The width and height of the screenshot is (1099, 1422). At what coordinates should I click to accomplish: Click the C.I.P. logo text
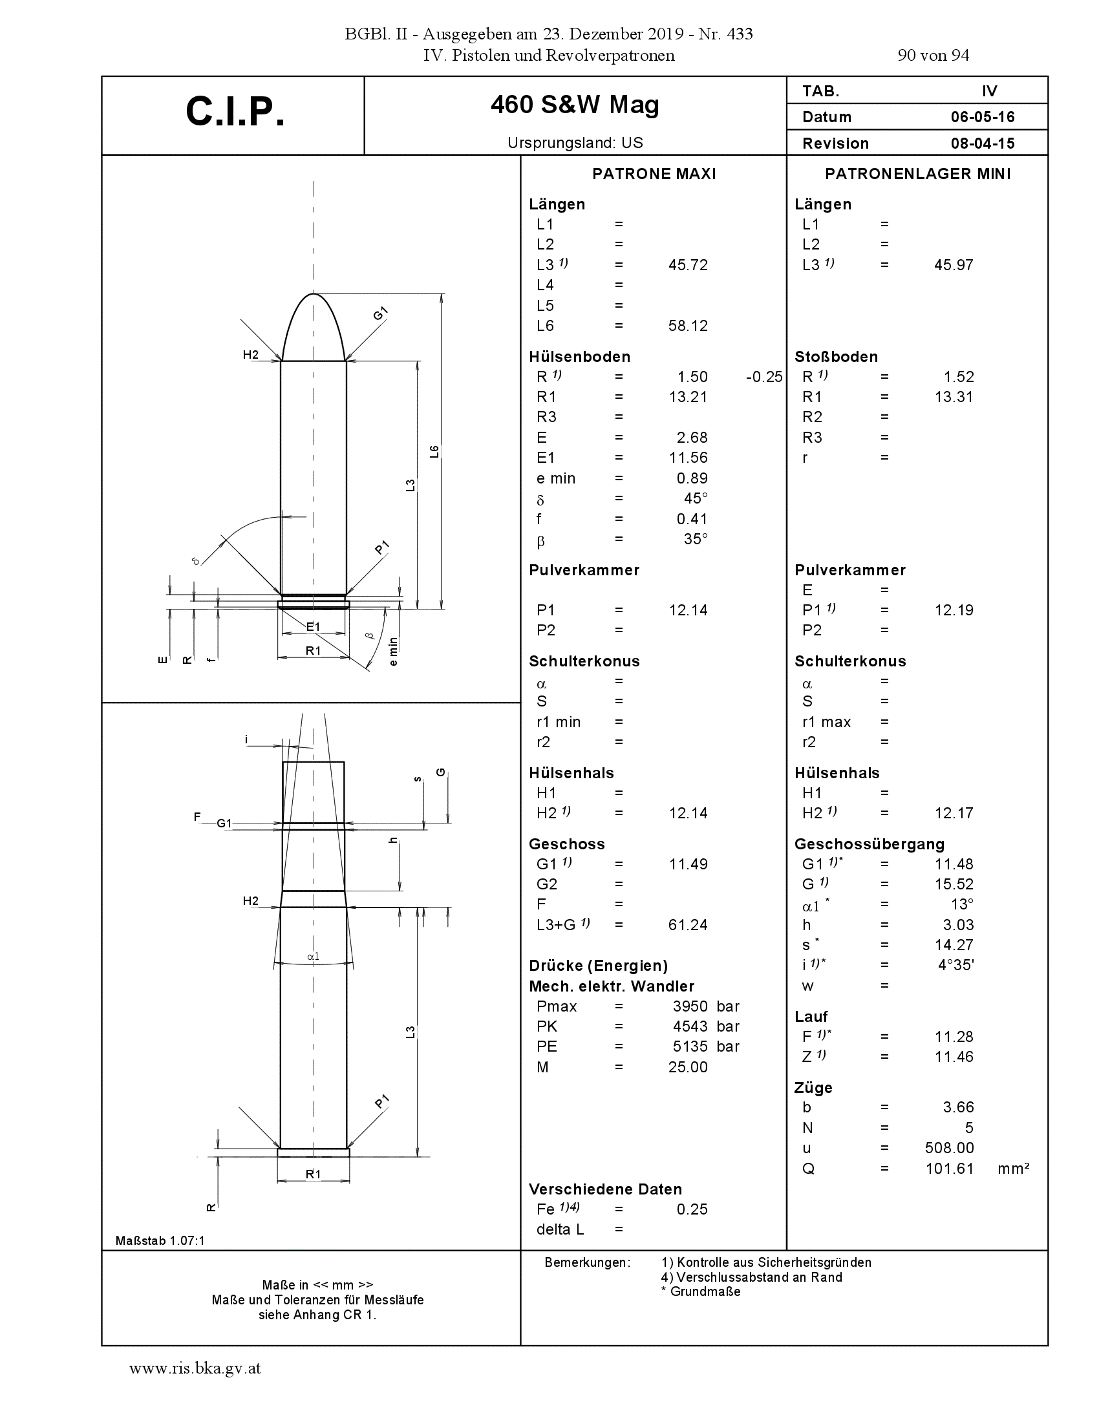[x=235, y=111]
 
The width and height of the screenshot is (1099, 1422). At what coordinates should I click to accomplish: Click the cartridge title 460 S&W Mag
[x=575, y=105]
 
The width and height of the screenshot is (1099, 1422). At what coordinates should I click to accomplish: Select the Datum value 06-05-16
[x=983, y=117]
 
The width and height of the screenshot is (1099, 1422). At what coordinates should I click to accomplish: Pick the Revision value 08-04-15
[x=983, y=143]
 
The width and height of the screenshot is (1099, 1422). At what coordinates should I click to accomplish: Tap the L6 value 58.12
[x=688, y=326]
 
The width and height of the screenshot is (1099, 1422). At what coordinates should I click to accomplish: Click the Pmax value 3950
[x=690, y=1006]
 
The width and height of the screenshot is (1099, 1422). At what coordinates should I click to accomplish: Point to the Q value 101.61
[x=949, y=1169]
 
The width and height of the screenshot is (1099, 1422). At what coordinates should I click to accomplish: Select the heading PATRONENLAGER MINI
[x=918, y=174]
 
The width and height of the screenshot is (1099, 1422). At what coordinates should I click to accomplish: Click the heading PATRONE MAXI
[x=654, y=174]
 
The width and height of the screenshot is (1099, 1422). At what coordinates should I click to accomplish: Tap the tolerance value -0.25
[x=764, y=377]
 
